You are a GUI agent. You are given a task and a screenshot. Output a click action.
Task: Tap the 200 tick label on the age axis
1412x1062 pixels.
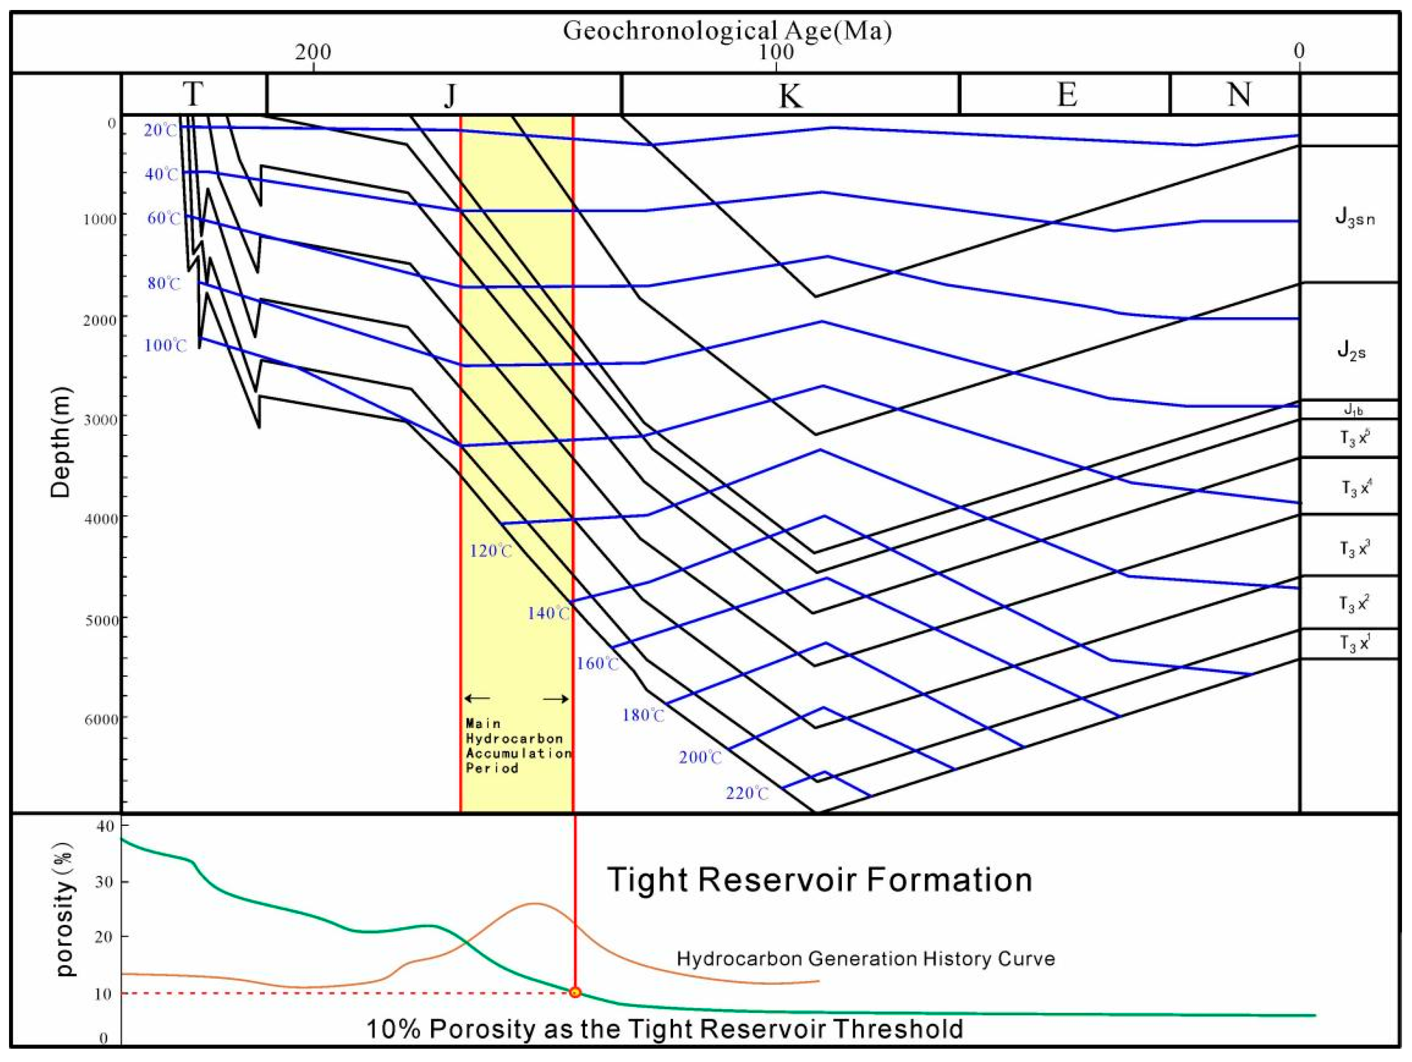pos(313,52)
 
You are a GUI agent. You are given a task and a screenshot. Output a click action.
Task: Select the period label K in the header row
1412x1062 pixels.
pos(790,96)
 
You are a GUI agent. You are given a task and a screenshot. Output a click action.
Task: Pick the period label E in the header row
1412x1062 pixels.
pos(1067,95)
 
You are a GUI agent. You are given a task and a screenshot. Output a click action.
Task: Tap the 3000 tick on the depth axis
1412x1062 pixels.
pos(101,419)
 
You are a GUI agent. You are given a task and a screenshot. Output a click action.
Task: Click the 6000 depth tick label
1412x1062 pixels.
pos(101,719)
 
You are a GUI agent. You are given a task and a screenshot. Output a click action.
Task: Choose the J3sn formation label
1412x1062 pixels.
pos(1354,220)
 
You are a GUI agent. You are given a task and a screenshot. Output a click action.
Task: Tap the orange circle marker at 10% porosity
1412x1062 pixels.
pos(575,992)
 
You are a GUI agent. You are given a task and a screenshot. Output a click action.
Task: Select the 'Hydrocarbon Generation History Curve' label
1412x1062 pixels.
pos(866,959)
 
